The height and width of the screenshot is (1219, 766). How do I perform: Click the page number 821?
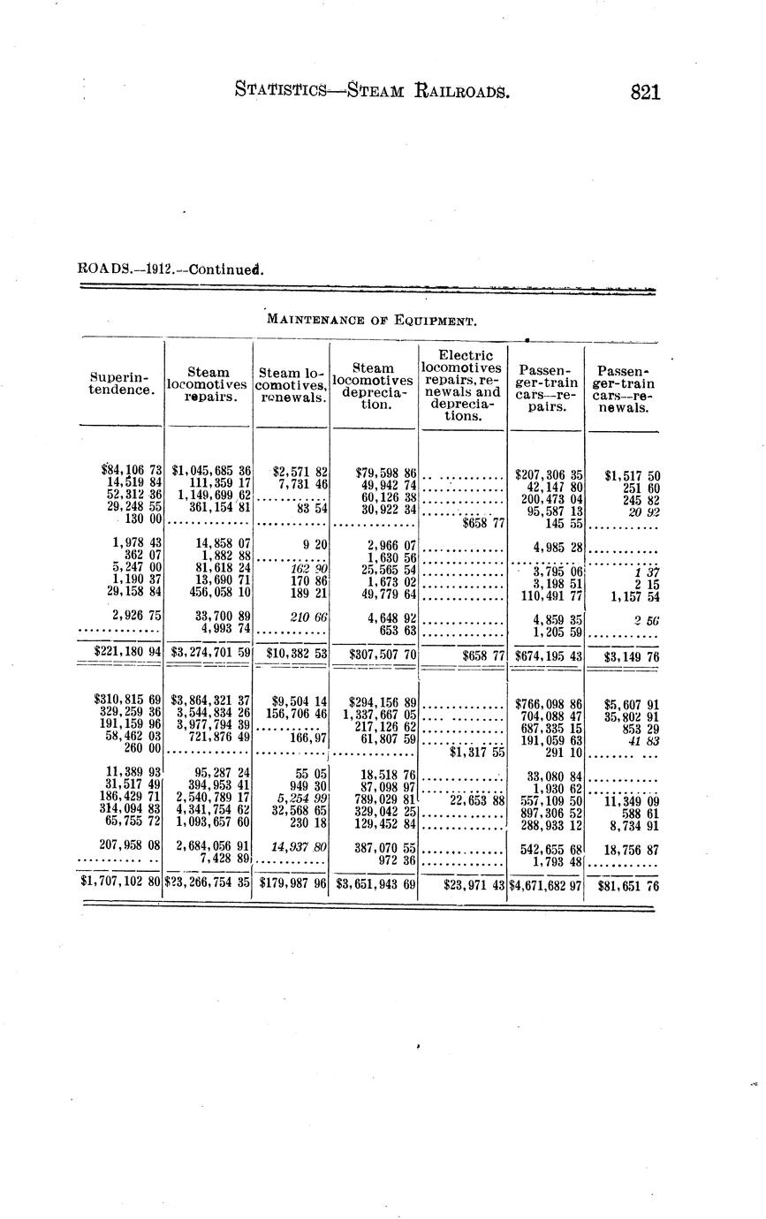coord(646,92)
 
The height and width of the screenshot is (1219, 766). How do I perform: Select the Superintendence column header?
coord(122,382)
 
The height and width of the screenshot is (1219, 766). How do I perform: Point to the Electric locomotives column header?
coord(462,385)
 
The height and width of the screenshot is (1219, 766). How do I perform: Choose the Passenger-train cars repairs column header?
coord(547,386)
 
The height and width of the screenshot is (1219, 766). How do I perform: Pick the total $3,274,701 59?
coord(212,655)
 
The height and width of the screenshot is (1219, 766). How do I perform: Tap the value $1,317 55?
coord(476,753)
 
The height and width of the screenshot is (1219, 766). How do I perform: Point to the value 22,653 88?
coord(477,800)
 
